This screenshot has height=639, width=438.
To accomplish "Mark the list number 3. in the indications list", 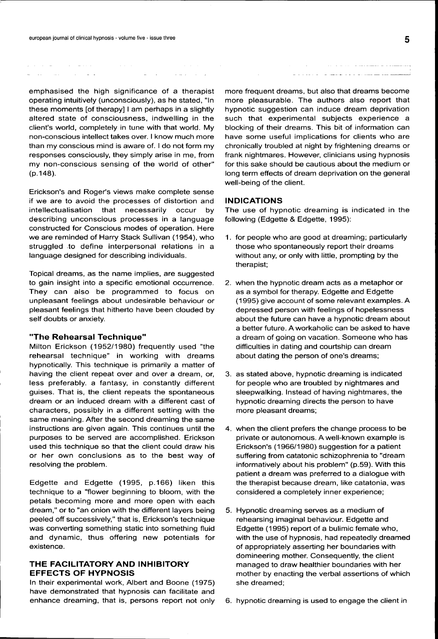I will point(228,374).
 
